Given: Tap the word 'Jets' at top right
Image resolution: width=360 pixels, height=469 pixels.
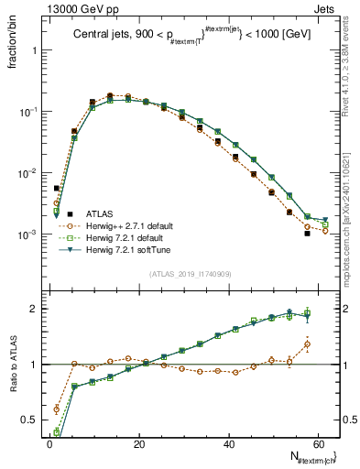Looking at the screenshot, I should (327, 8).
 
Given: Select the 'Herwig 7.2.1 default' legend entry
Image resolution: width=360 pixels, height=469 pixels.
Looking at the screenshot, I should (121, 238).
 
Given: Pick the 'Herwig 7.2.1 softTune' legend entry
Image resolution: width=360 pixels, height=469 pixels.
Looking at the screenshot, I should (123, 251).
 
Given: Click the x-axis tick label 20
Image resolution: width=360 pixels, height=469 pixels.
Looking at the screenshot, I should (139, 444).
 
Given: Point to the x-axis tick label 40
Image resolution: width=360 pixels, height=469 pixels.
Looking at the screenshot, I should (229, 444).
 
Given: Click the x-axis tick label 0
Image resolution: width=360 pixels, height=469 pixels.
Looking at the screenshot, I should (49, 444).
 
